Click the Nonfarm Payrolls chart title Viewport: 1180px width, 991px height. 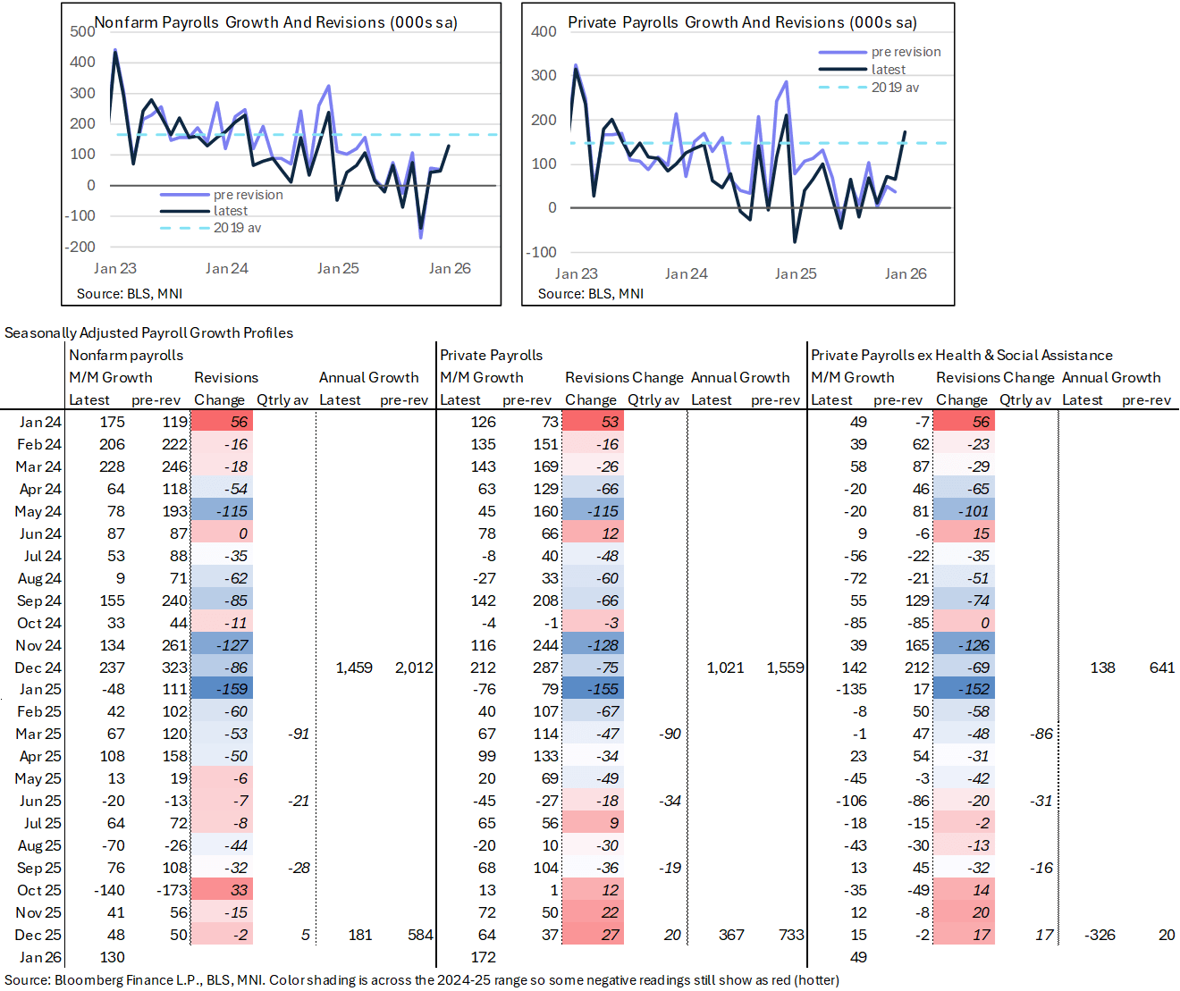coord(275,22)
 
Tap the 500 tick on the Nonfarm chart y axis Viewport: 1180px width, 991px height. coord(82,31)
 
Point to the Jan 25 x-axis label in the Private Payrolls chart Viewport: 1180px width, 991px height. coord(796,273)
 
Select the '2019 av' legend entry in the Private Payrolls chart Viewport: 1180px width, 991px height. coord(895,88)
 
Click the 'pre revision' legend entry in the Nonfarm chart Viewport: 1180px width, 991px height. coord(248,195)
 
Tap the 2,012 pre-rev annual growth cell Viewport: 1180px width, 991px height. coord(414,668)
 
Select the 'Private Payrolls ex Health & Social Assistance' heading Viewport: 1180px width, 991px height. coord(961,355)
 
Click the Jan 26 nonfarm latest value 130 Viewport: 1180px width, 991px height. coord(112,957)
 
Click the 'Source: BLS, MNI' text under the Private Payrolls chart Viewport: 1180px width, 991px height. coord(590,293)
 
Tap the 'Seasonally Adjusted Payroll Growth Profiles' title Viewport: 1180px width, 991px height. coord(148,332)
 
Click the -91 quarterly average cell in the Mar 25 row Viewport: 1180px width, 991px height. coord(299,735)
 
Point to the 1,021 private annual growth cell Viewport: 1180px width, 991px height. coord(725,668)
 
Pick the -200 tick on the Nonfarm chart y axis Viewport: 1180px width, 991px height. coord(80,247)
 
